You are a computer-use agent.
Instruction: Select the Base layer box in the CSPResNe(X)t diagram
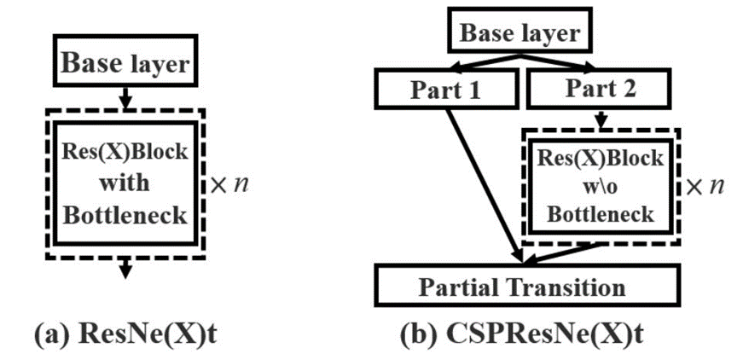click(x=520, y=33)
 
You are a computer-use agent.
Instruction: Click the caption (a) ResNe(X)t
click(x=125, y=335)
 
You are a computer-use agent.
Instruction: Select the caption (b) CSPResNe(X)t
click(x=521, y=335)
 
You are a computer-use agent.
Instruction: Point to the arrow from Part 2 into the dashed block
click(x=601, y=120)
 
